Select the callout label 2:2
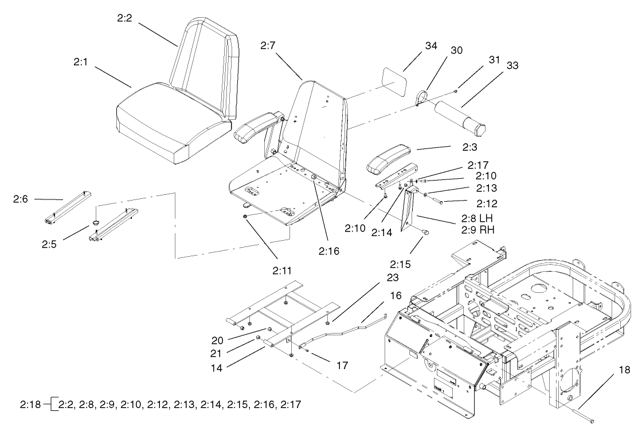point(124,19)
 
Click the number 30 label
point(456,50)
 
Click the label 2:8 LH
point(477,219)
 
